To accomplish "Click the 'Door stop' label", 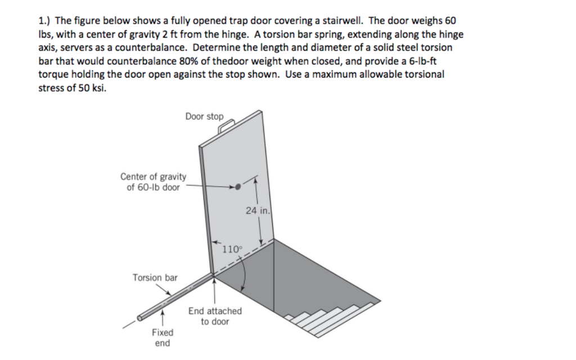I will [x=204, y=116].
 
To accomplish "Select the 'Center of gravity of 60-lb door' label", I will [x=153, y=182].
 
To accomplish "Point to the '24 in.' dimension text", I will [x=258, y=211].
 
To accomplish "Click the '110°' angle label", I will [x=232, y=249].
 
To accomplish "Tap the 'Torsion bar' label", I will [x=155, y=277].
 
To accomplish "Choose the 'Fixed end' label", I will [x=163, y=337].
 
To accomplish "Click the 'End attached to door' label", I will [x=215, y=316].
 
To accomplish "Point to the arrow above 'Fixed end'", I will [x=163, y=318].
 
